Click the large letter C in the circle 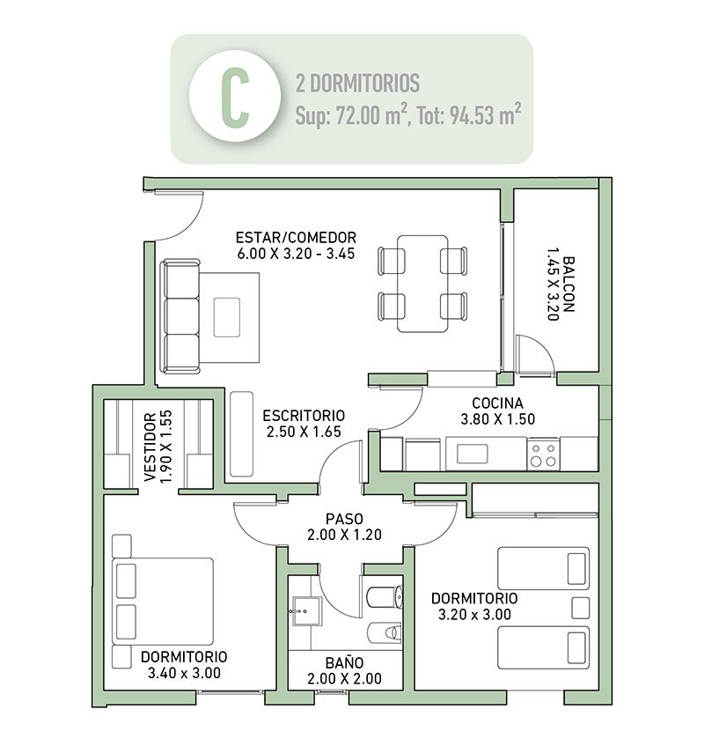[x=235, y=97]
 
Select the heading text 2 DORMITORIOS [x=357, y=84]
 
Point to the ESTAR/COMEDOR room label [x=296, y=237]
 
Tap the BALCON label [x=568, y=285]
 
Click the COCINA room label [x=498, y=403]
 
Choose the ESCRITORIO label [x=304, y=416]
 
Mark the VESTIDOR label [x=150, y=447]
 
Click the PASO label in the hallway [x=344, y=519]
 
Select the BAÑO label [x=345, y=662]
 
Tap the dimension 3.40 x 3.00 [x=184, y=673]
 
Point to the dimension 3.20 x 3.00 [x=474, y=615]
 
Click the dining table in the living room [x=422, y=284]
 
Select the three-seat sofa [x=180, y=317]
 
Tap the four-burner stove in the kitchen [x=544, y=454]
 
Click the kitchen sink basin [x=473, y=454]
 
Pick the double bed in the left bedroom [x=163, y=602]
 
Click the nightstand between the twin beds [x=581, y=608]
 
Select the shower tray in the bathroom [x=307, y=612]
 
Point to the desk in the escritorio [x=242, y=433]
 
